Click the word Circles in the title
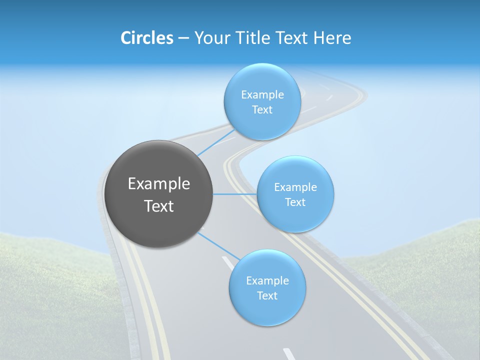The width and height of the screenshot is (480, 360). point(146,38)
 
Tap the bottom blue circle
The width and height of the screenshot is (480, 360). point(267,312)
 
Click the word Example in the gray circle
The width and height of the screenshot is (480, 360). point(159,184)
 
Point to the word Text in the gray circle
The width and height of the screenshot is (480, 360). point(159,206)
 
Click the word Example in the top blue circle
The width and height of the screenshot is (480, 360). point(262,95)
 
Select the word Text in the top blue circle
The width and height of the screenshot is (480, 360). point(262,110)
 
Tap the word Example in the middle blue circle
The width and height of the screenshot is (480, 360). point(295,187)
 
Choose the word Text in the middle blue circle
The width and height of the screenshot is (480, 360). point(295,202)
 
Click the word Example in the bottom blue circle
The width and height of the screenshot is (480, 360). point(267,281)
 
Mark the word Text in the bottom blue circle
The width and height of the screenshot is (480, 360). point(267,296)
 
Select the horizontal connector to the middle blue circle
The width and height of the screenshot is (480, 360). point(235,194)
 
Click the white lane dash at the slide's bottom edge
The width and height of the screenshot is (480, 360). point(289,354)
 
